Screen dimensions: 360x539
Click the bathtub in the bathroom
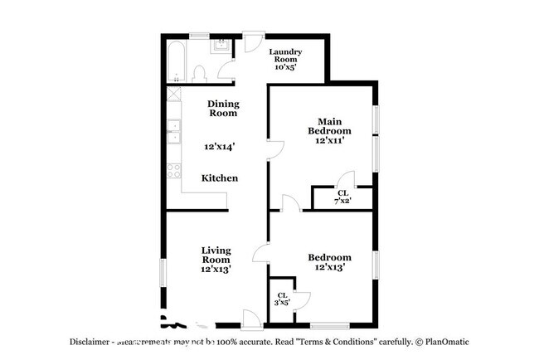175,59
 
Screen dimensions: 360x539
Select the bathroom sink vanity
221,46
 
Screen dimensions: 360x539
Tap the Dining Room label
223,109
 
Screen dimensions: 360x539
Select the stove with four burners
174,171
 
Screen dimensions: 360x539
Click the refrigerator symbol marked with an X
174,95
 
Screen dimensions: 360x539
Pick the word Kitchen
220,178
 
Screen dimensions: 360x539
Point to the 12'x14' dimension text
220,147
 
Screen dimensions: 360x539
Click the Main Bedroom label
329,125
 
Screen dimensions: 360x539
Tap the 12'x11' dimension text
329,141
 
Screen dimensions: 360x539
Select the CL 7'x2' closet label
342,197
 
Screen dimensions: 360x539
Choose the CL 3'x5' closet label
283,299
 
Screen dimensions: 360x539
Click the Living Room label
216,255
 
